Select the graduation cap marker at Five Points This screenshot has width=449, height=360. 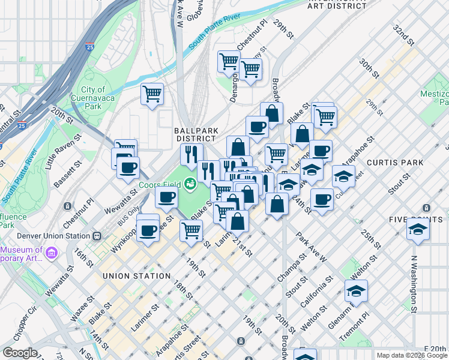coord(418,229)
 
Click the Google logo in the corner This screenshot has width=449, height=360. coord(19,353)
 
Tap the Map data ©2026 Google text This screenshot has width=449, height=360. coord(411,355)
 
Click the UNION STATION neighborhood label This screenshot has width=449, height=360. coord(136,276)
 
